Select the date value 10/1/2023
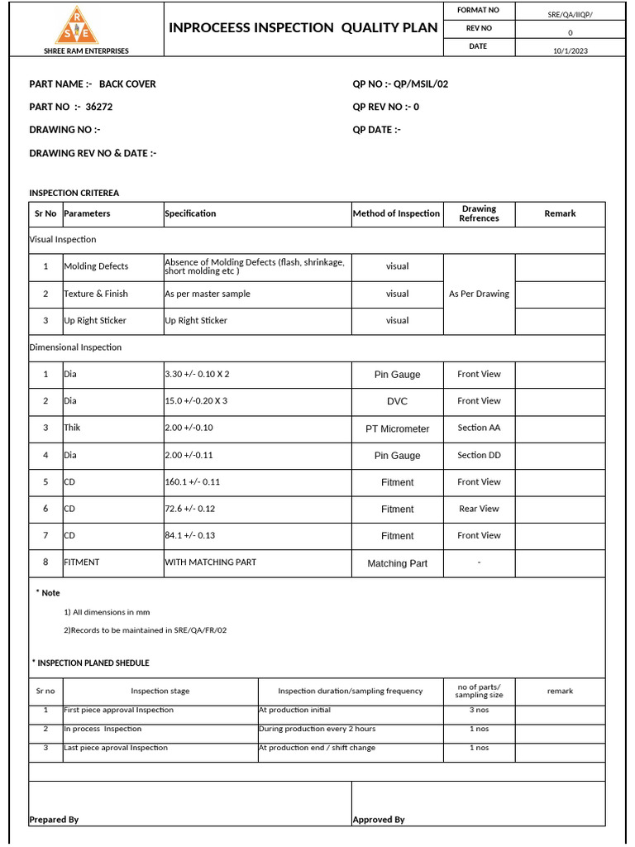(x=571, y=50)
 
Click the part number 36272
(x=99, y=107)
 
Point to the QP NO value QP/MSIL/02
(x=421, y=84)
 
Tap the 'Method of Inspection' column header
(x=396, y=213)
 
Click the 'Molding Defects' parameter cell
(x=96, y=266)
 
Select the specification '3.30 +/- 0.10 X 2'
(x=197, y=374)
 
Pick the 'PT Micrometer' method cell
(x=398, y=428)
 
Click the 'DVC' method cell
(x=398, y=401)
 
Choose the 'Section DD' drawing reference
(x=479, y=455)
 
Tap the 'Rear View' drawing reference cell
(x=479, y=509)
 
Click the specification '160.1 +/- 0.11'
(x=193, y=481)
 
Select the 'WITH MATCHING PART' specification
(x=210, y=562)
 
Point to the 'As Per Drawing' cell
(x=479, y=294)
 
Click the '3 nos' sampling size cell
(x=479, y=710)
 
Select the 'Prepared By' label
(x=54, y=819)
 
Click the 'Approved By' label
(x=379, y=819)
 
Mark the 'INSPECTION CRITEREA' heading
(x=74, y=193)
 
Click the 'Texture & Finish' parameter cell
(x=96, y=294)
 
